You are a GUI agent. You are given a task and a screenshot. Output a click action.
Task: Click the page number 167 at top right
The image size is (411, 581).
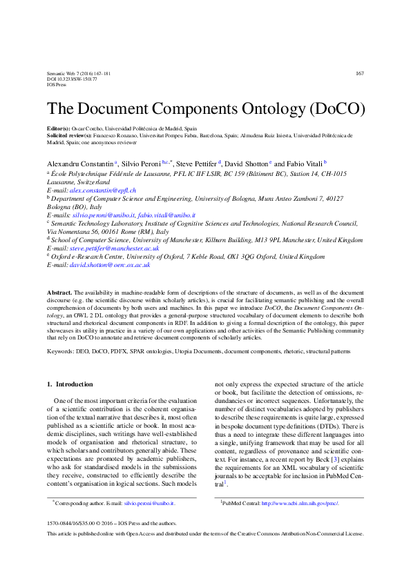point(359,74)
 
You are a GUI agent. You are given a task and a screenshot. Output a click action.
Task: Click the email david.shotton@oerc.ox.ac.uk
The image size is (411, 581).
point(110,264)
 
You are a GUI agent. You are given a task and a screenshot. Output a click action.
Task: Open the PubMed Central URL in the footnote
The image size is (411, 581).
point(300,504)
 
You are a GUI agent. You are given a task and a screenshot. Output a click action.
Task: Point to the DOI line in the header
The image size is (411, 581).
point(72,79)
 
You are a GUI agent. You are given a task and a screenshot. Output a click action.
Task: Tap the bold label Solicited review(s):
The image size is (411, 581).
point(73,137)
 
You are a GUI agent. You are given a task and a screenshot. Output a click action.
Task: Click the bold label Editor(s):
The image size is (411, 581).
point(59,128)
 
